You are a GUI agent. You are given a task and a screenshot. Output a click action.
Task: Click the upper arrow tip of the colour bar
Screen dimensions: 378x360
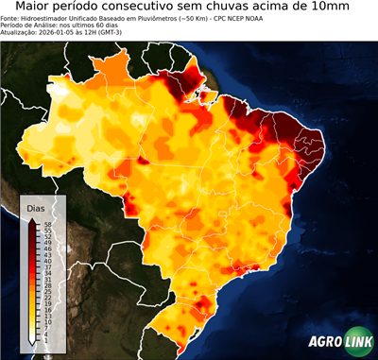pos(31,218)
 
